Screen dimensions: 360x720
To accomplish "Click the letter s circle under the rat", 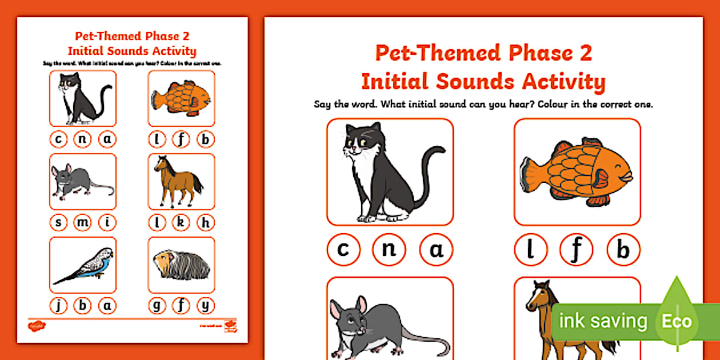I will tap(58, 222).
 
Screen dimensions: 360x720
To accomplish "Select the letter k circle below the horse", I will tap(181, 222).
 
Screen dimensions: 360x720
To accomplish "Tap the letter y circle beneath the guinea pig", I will tap(206, 306).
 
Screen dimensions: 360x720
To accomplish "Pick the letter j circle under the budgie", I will tap(58, 306).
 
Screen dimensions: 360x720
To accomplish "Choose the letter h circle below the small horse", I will tap(206, 222).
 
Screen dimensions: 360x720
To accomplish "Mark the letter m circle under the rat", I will tap(83, 222).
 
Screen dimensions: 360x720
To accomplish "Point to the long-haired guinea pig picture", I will tap(181, 264).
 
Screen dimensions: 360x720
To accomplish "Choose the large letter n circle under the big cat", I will tap(389, 250).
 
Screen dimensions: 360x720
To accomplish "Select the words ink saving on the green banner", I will tap(602, 321).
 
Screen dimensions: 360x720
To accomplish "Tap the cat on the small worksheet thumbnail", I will tap(82, 98).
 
